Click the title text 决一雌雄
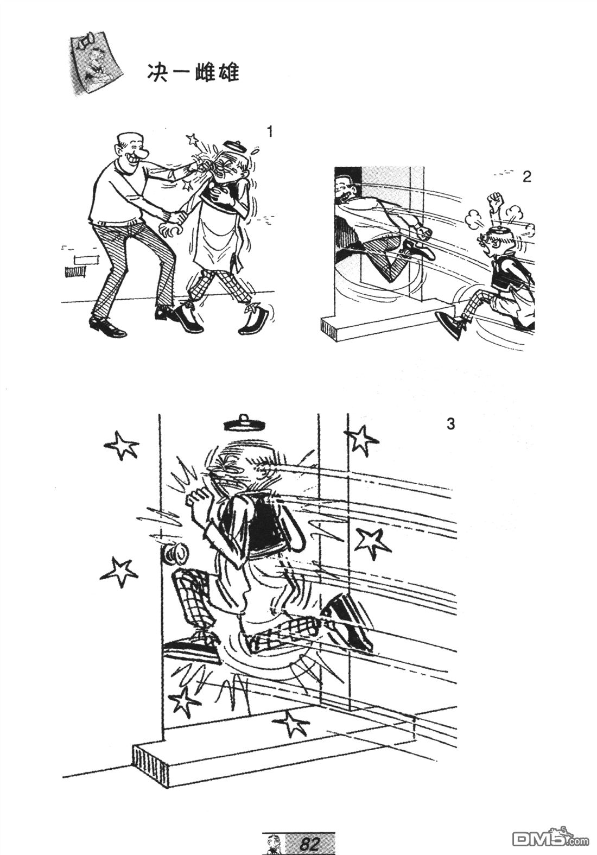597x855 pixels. point(193,73)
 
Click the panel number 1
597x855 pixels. point(270,132)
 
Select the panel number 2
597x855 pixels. point(527,177)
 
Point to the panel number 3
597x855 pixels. point(451,424)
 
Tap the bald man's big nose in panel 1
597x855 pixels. point(144,154)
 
